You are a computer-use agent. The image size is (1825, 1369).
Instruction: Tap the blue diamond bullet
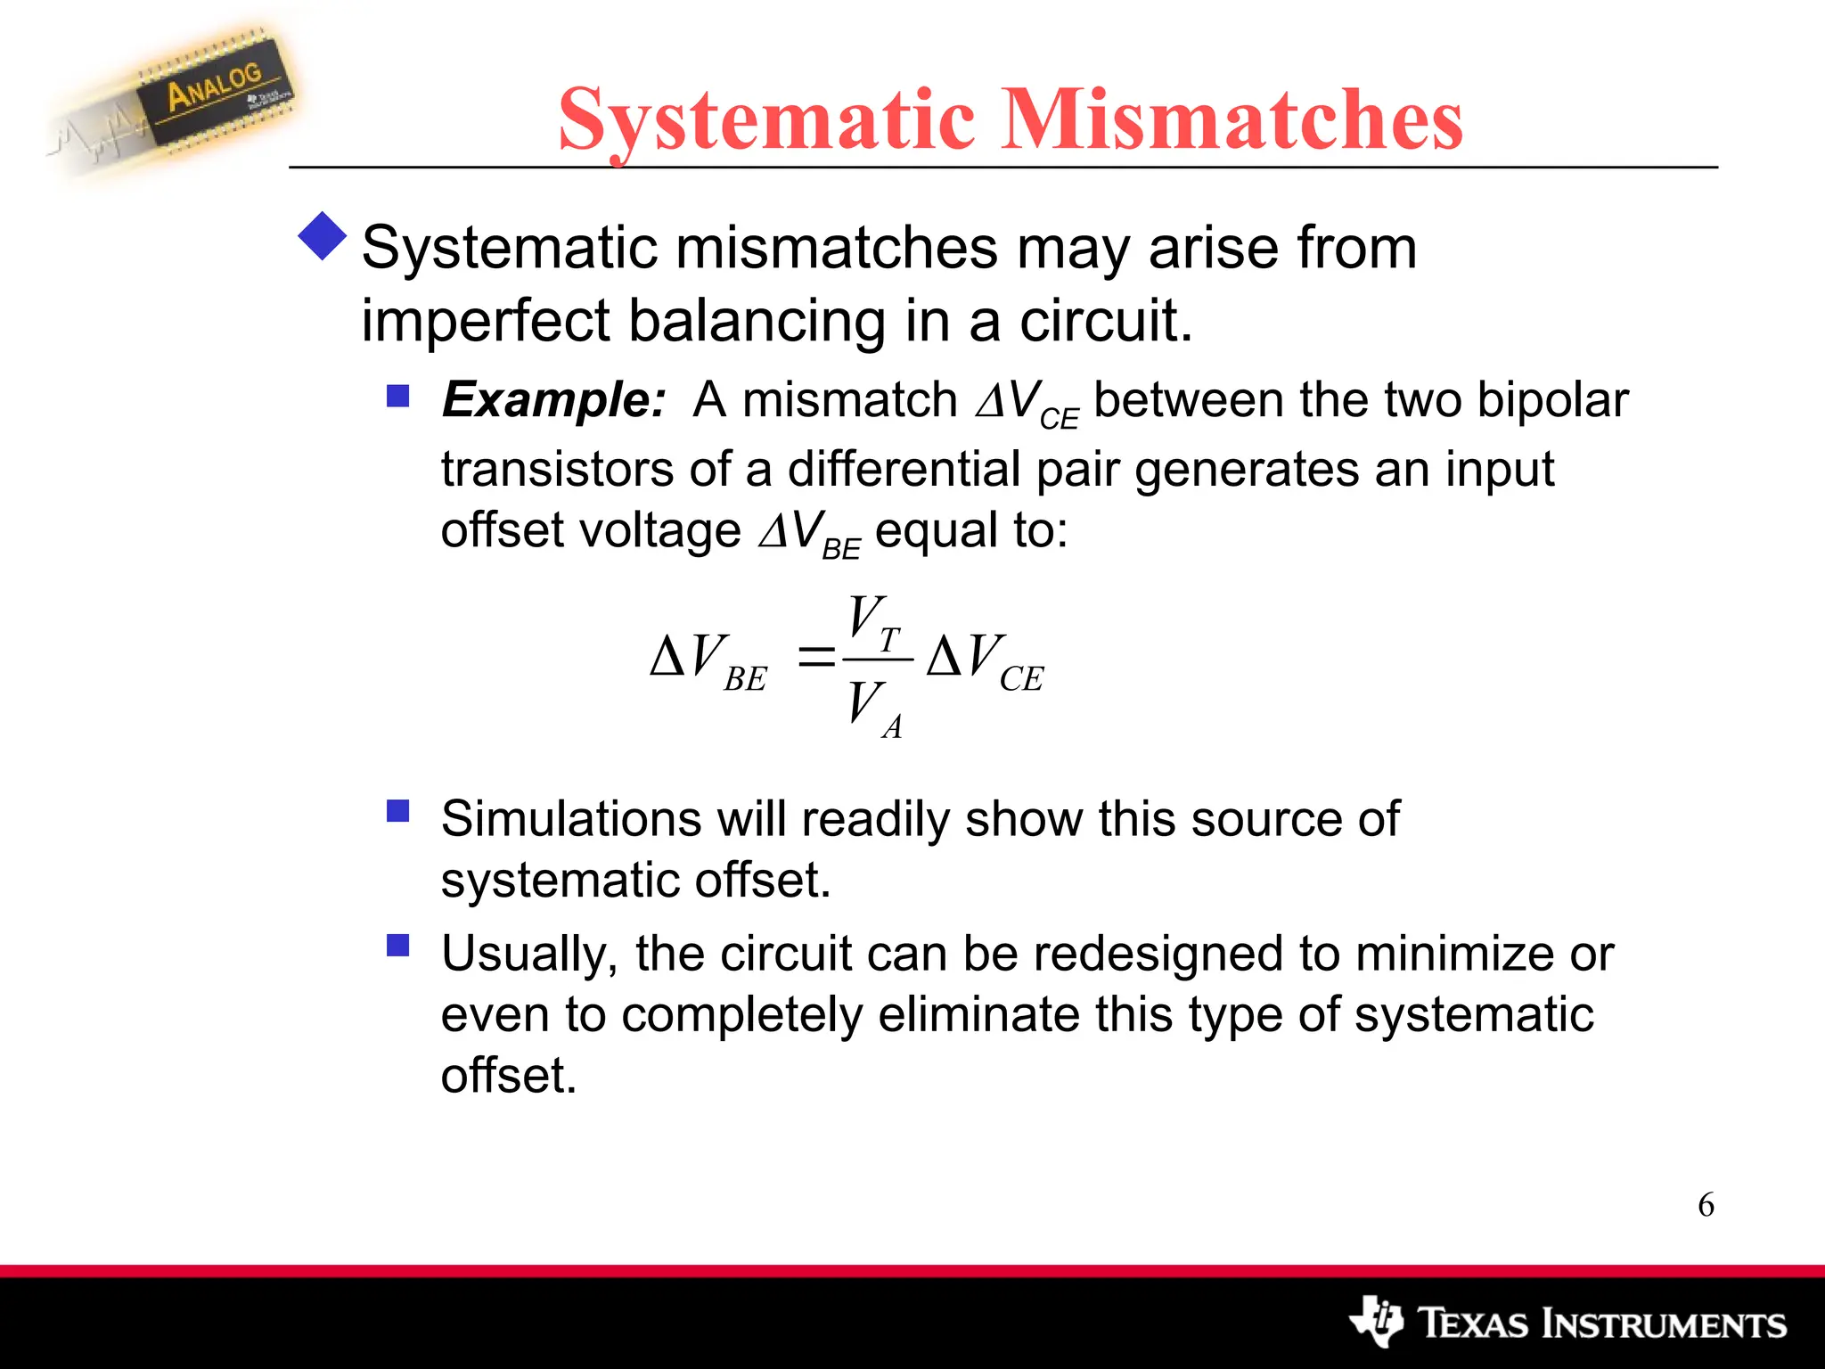(323, 237)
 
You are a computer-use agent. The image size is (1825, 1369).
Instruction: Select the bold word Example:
(553, 399)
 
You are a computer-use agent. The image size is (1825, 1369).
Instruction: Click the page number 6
(1706, 1205)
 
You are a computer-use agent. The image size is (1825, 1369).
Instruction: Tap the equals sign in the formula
(815, 659)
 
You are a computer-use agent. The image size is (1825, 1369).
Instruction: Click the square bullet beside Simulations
(397, 810)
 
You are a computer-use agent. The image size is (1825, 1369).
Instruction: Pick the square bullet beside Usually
(397, 945)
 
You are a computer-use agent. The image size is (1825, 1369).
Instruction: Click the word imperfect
(485, 321)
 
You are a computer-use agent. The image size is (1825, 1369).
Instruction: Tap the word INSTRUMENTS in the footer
(1664, 1324)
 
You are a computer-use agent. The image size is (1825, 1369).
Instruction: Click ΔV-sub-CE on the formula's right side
(985, 660)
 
